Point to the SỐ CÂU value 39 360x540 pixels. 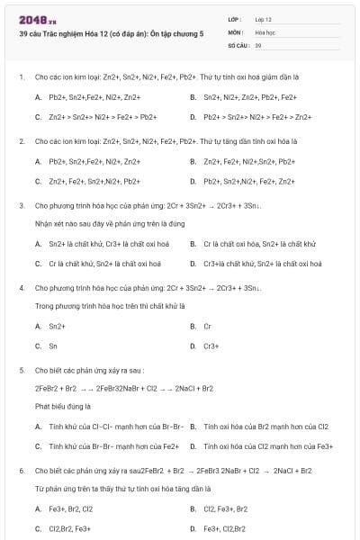pyautogui.click(x=258, y=44)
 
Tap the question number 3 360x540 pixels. pyautogui.click(x=22, y=205)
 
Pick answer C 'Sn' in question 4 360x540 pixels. pyautogui.click(x=53, y=346)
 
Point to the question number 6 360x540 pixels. pyautogui.click(x=22, y=470)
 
